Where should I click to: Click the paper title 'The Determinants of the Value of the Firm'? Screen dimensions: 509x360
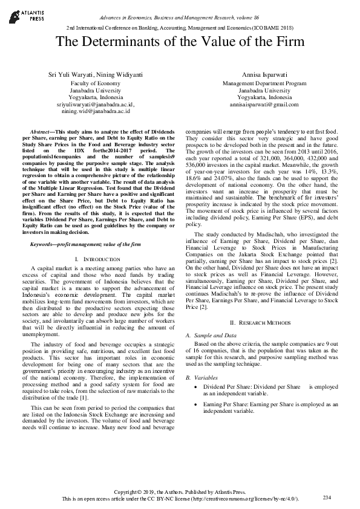click(179, 42)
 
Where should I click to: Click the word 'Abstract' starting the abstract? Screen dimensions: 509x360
click(41, 131)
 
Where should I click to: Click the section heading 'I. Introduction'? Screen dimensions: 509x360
click(97, 259)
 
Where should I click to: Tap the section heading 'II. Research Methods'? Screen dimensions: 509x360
click(264, 323)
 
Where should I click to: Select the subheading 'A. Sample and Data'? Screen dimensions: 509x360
click(211, 334)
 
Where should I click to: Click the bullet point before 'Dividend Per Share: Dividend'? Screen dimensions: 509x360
click(194, 386)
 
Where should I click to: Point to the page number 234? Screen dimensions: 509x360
click(327, 497)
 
